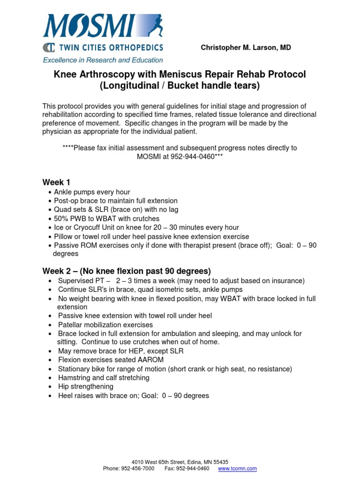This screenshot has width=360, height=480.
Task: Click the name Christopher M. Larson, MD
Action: point(246,48)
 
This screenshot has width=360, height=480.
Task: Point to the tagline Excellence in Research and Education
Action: point(103,60)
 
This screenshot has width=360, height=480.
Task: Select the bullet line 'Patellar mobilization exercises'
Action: point(105,325)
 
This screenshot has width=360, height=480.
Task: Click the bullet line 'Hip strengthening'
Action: point(85,387)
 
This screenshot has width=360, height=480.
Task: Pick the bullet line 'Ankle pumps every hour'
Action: point(92,192)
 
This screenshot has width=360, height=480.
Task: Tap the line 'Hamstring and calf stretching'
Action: point(104,378)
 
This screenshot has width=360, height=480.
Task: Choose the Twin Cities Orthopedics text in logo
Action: point(109,47)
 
